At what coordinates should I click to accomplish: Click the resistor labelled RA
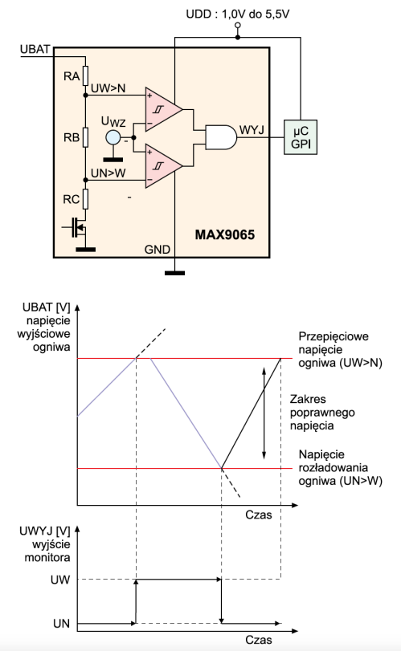(85, 75)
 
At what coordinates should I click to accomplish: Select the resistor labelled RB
(85, 137)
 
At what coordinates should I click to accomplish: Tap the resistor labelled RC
(85, 199)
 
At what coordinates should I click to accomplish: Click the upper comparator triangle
(164, 110)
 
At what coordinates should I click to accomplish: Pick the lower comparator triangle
(164, 166)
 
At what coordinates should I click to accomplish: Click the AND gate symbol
(221, 137)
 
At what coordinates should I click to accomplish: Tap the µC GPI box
(301, 137)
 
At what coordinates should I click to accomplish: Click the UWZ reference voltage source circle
(113, 137)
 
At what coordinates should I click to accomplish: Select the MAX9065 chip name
(225, 235)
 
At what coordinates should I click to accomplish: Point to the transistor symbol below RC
(77, 227)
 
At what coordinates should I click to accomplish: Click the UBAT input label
(35, 49)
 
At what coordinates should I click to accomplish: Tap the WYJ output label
(252, 130)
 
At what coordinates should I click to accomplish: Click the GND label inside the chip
(157, 249)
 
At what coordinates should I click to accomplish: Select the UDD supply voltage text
(237, 14)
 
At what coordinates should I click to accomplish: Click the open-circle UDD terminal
(238, 26)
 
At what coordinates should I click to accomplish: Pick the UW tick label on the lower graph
(60, 580)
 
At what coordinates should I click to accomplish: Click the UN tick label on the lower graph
(62, 623)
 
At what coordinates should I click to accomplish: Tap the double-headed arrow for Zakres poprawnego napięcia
(264, 413)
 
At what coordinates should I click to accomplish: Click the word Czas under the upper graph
(259, 515)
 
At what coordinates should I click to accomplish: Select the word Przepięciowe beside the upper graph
(333, 336)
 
